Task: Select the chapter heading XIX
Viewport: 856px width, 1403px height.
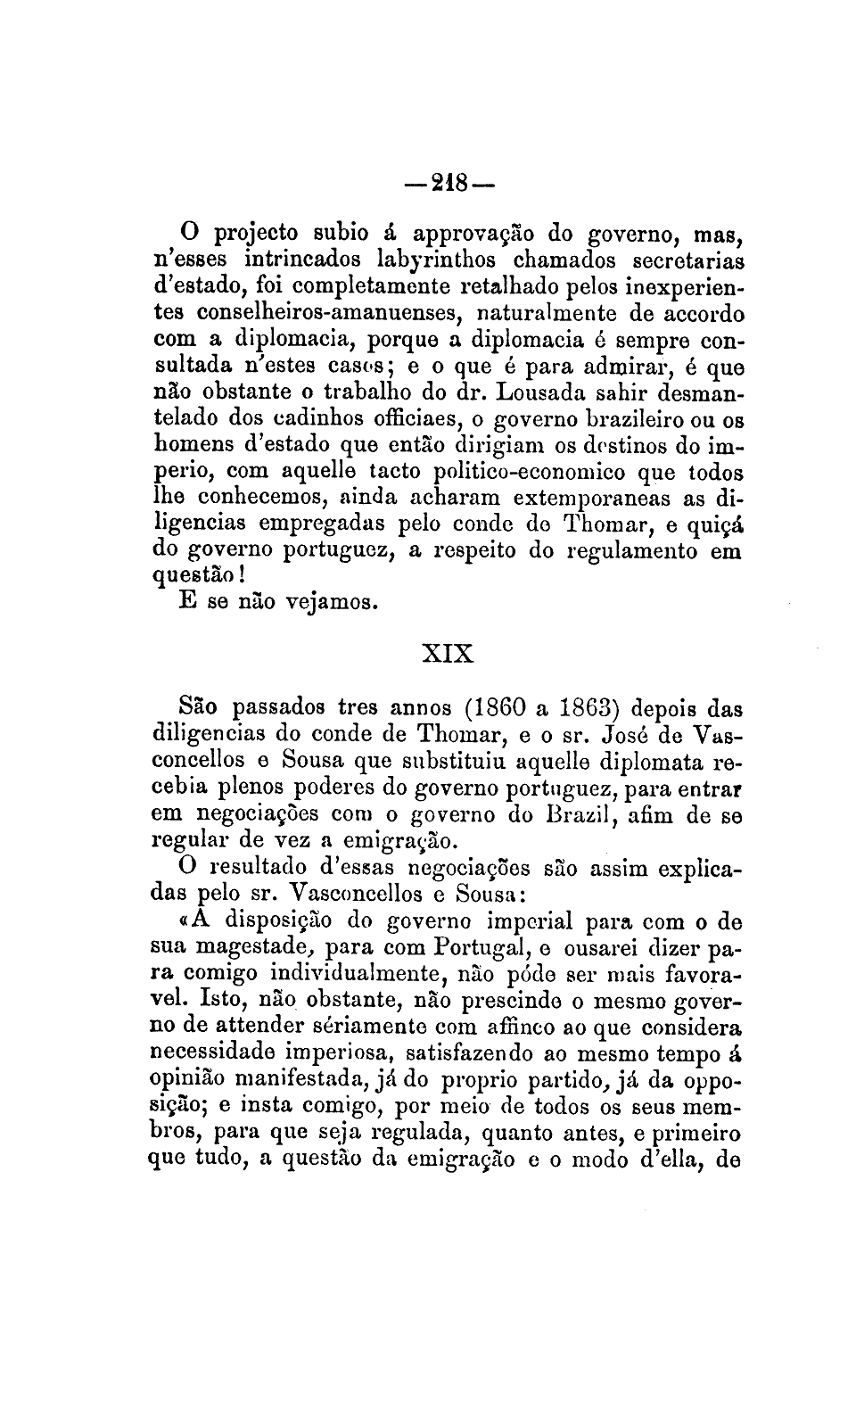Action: (448, 652)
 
